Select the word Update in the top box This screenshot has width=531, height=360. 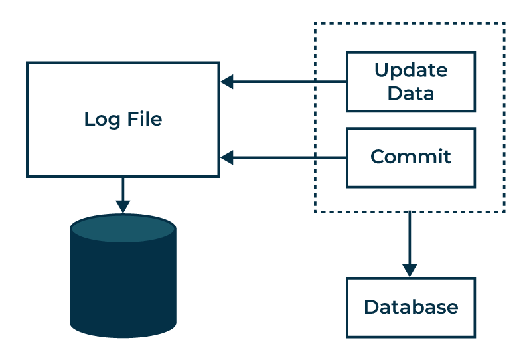(411, 70)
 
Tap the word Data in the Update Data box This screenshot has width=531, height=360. (411, 93)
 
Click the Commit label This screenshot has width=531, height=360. (411, 157)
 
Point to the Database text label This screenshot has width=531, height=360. (411, 307)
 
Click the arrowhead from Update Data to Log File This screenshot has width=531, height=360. (227, 82)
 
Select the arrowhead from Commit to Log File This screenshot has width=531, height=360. (227, 157)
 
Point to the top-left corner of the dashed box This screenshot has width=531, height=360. (315, 24)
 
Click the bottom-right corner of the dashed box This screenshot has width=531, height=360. (504, 211)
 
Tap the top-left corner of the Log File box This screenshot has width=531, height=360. (28, 64)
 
